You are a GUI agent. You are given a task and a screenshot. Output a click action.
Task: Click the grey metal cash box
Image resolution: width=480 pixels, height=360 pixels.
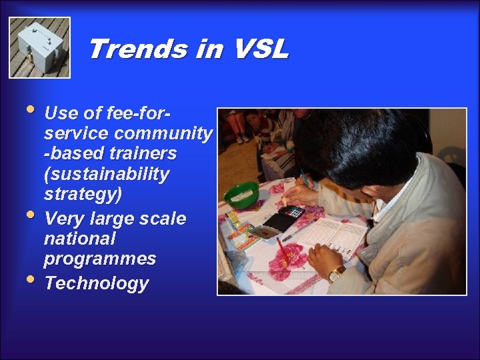40,48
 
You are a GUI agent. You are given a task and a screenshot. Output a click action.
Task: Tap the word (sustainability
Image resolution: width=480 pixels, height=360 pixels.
107,175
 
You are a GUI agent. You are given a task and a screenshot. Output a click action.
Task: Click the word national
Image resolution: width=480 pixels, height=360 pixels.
79,238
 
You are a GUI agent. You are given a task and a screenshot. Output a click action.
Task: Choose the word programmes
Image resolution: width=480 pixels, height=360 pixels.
100,259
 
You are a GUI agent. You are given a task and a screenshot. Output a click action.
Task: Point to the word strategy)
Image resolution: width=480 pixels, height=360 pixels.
83,195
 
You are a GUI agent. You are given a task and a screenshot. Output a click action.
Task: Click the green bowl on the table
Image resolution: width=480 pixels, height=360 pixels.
241,195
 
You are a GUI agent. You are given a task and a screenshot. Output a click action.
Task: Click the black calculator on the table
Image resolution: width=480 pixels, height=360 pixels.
284,219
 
